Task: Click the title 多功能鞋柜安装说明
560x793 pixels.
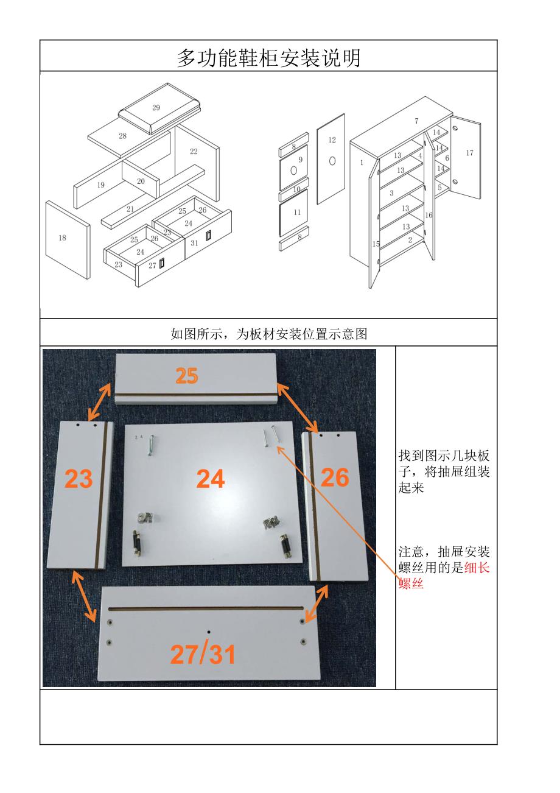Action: (x=268, y=58)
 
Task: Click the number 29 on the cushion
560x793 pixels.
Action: (x=156, y=108)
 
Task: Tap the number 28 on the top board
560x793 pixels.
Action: (x=122, y=136)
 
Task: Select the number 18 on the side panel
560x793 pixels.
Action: (x=62, y=238)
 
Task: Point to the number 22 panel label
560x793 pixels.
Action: (x=194, y=151)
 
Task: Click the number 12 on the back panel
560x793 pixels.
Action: (x=332, y=140)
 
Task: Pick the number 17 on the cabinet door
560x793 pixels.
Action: (x=469, y=153)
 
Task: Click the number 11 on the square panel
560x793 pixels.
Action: (x=297, y=213)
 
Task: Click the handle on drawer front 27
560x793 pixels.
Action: (x=163, y=263)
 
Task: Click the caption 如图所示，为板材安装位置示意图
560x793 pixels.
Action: (x=268, y=333)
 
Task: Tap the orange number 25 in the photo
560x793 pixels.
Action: (x=187, y=376)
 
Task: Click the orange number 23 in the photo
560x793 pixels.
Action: (x=79, y=479)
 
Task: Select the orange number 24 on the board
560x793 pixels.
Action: (x=211, y=479)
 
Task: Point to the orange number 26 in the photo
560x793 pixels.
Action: (x=334, y=478)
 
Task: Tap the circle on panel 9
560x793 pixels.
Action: (x=294, y=171)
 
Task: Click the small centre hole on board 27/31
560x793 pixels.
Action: (x=208, y=633)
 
